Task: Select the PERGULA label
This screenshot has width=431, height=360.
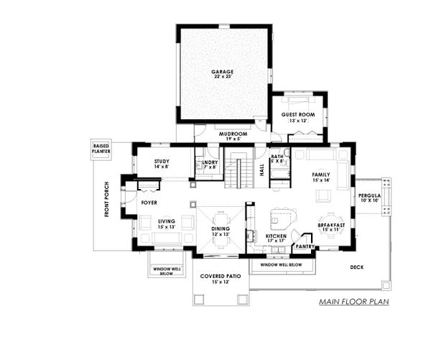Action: point(372,198)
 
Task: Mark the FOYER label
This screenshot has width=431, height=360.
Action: point(149,203)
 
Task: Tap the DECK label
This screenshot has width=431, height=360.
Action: point(357,267)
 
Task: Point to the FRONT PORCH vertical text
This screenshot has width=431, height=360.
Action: point(106,198)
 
